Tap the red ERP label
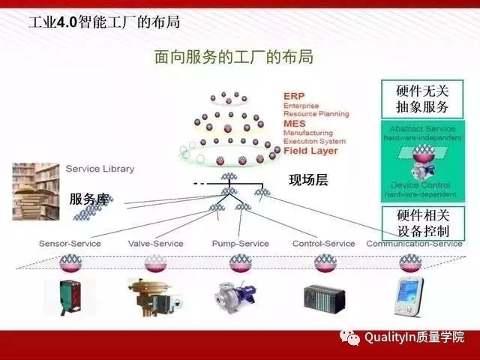pos(293,96)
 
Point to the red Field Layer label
pos(310,150)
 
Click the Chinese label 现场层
pos(308,180)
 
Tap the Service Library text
pos(100,169)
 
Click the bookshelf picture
pos(35,190)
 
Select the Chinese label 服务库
pos(89,199)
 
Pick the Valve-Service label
pos(155,243)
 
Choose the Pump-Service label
pos(240,243)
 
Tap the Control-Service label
pos(324,243)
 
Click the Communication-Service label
pos(414,243)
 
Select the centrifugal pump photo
pos(239,297)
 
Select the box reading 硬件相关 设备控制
pos(422,223)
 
